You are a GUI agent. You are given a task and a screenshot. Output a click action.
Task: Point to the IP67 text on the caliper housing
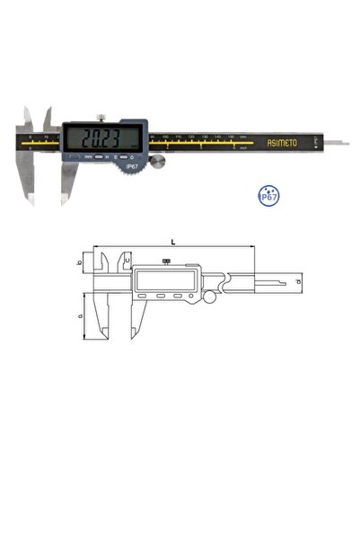(131, 165)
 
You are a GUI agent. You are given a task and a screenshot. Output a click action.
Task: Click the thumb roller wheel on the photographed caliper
(159, 162)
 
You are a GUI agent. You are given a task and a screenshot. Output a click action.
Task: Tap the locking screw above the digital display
(102, 117)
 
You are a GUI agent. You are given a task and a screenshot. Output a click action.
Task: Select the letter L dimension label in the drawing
(171, 241)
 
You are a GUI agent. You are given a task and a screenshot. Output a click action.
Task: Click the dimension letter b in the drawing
(81, 262)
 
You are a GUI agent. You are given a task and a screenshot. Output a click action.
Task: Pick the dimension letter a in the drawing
(81, 315)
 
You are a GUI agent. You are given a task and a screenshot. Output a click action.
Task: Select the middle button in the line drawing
(162, 296)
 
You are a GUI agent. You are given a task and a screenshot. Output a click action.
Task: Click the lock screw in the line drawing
(165, 262)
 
